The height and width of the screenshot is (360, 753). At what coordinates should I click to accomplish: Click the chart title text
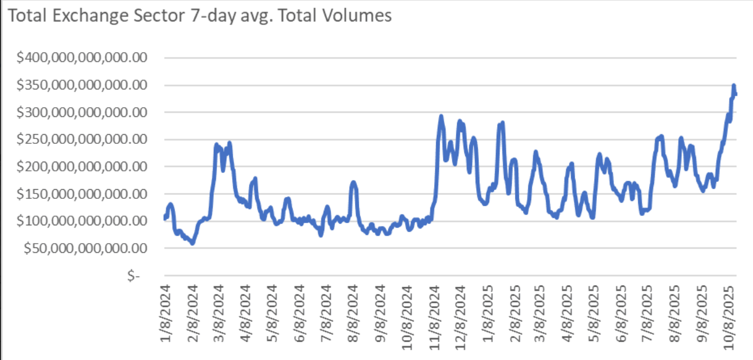click(x=199, y=16)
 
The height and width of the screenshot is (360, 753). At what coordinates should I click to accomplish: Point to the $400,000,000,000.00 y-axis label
click(x=82, y=58)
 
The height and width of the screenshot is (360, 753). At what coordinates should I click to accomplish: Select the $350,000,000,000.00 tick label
click(x=82, y=85)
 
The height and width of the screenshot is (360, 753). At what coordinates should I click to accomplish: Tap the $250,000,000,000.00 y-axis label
click(x=82, y=140)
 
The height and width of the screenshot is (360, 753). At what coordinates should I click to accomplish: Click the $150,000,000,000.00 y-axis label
click(x=82, y=194)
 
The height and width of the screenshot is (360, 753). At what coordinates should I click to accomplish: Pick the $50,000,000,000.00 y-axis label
click(x=86, y=248)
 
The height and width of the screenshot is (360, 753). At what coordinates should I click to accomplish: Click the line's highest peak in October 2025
click(x=734, y=85)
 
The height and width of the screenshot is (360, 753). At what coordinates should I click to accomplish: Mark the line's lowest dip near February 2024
click(x=192, y=244)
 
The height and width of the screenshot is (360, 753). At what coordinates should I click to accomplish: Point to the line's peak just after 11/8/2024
click(x=441, y=116)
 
